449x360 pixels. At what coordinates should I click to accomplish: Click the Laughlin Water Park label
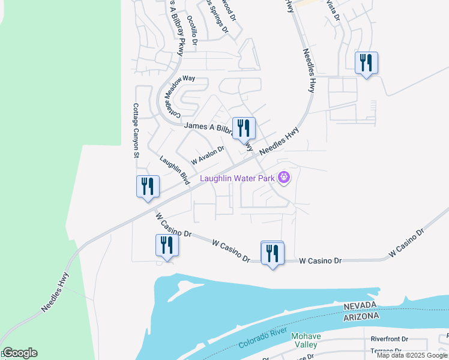click(x=237, y=178)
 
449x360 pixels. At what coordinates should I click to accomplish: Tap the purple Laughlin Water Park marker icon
click(x=285, y=178)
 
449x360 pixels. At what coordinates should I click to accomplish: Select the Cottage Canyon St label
click(x=136, y=130)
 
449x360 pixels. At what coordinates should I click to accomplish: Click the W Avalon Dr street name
click(x=207, y=156)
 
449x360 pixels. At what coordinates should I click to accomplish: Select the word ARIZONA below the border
click(x=361, y=316)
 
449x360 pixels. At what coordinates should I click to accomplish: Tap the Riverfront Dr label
click(x=389, y=339)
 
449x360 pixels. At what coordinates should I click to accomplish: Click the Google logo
click(x=19, y=353)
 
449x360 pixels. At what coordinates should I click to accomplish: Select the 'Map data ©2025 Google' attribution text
click(x=412, y=355)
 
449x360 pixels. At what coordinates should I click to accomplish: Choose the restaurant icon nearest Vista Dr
click(x=366, y=62)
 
